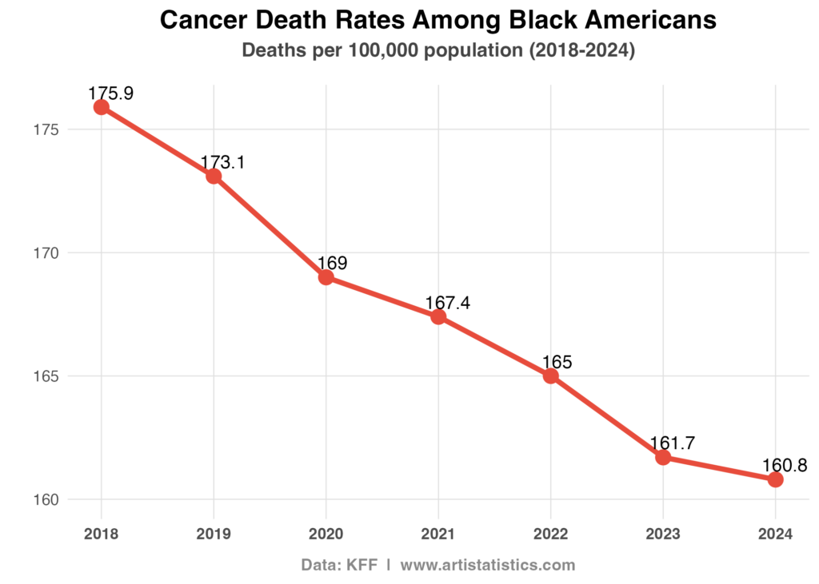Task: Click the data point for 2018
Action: click(x=102, y=107)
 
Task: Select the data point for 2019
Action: click(x=214, y=176)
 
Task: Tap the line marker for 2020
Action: click(x=326, y=277)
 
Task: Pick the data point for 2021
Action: click(x=438, y=316)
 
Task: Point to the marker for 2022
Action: click(x=551, y=375)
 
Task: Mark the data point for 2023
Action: click(x=663, y=457)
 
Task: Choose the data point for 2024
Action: click(x=775, y=479)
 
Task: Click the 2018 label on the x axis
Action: click(x=102, y=534)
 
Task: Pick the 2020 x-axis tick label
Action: click(x=326, y=534)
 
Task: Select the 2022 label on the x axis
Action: click(x=551, y=534)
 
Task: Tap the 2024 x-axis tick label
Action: click(x=775, y=534)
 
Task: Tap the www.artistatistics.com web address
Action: click(x=487, y=565)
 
